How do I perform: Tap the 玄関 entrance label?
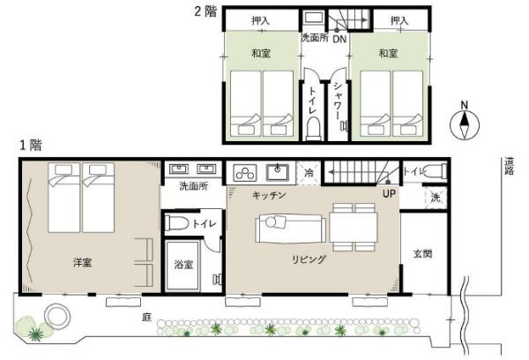[422, 253]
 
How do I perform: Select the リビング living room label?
[309, 259]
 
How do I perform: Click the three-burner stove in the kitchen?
[245, 173]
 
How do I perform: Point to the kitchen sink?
[278, 173]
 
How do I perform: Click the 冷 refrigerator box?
[309, 173]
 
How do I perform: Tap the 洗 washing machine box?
[436, 198]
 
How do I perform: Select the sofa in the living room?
[290, 229]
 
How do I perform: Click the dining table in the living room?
[354, 227]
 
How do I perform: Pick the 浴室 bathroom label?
[183, 265]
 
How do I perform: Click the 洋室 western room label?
[82, 262]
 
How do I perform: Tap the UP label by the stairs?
[389, 194]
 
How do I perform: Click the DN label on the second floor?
[339, 39]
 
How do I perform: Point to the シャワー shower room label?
[338, 101]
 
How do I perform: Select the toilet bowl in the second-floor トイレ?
[314, 128]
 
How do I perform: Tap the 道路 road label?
[509, 166]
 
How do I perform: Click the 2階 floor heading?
[205, 11]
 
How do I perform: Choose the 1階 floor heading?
[31, 146]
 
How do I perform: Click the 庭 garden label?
[146, 317]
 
